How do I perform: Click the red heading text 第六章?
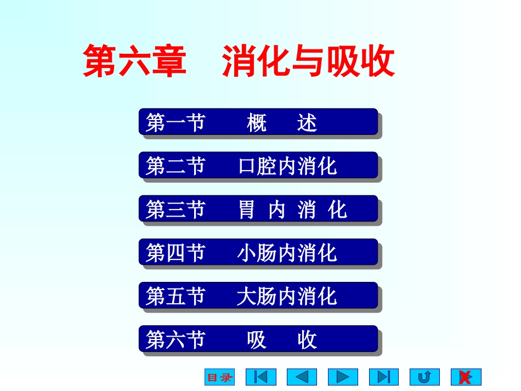tap(134, 61)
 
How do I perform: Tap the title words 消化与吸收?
tap(308, 61)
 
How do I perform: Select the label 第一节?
tap(175, 122)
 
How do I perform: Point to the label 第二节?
tap(175, 166)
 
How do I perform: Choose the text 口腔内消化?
tap(287, 166)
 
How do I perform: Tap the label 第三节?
tap(175, 209)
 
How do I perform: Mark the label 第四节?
tap(175, 253)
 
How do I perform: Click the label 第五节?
tap(175, 296)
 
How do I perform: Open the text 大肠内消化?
tap(287, 297)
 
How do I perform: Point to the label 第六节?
tap(175, 340)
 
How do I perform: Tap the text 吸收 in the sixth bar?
tap(282, 340)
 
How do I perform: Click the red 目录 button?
tap(219, 377)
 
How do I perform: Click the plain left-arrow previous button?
tap(302, 377)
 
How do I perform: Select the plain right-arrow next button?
tap(343, 377)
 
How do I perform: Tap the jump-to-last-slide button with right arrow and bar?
tap(384, 377)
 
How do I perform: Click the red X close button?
tap(466, 377)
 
